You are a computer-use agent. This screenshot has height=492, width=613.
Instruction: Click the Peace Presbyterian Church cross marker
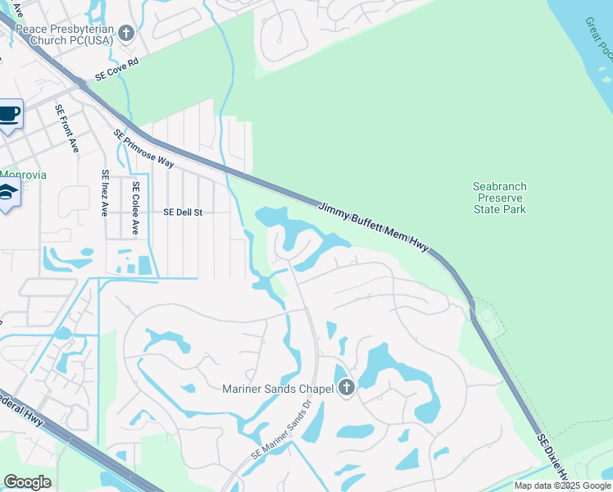[125, 33]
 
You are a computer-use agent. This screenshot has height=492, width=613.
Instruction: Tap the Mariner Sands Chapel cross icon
[347, 388]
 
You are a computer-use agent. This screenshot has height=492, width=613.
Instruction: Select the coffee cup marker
[9, 114]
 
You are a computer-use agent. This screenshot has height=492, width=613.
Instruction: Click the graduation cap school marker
[8, 194]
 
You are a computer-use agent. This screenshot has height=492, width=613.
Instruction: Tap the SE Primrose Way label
[144, 148]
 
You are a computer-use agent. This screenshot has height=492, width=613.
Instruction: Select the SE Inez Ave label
[105, 193]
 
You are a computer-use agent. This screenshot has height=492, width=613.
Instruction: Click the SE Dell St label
[183, 212]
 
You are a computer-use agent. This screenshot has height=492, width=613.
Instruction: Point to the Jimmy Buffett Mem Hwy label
[373, 227]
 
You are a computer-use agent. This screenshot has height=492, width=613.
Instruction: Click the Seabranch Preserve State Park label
[500, 198]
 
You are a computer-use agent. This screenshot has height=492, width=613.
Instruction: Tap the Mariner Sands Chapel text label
[278, 389]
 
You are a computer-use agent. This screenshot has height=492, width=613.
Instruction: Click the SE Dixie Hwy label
[554, 457]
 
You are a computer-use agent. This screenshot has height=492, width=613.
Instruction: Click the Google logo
[27, 481]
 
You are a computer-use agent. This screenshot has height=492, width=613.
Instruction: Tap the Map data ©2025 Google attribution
[563, 485]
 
